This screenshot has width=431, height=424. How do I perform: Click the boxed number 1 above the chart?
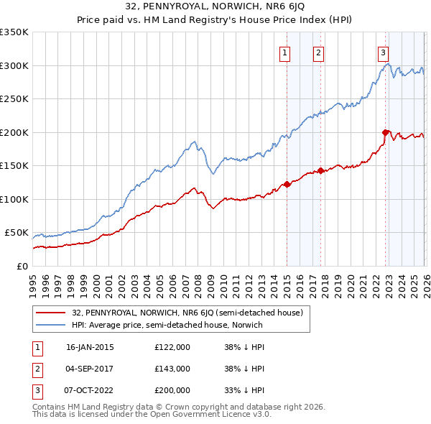coord(285,52)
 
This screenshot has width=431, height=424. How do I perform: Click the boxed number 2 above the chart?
coord(318,52)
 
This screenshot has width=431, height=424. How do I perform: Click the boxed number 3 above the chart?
coord(384,52)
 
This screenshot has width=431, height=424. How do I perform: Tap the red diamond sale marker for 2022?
coord(386,132)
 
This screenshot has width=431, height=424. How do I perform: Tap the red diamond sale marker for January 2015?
coord(287,184)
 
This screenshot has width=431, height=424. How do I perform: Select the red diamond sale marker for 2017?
coord(320,170)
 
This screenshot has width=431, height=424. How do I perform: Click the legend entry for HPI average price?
coord(167,325)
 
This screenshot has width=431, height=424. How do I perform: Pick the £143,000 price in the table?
coord(172,369)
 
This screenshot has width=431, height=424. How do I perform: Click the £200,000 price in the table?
coord(172,390)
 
